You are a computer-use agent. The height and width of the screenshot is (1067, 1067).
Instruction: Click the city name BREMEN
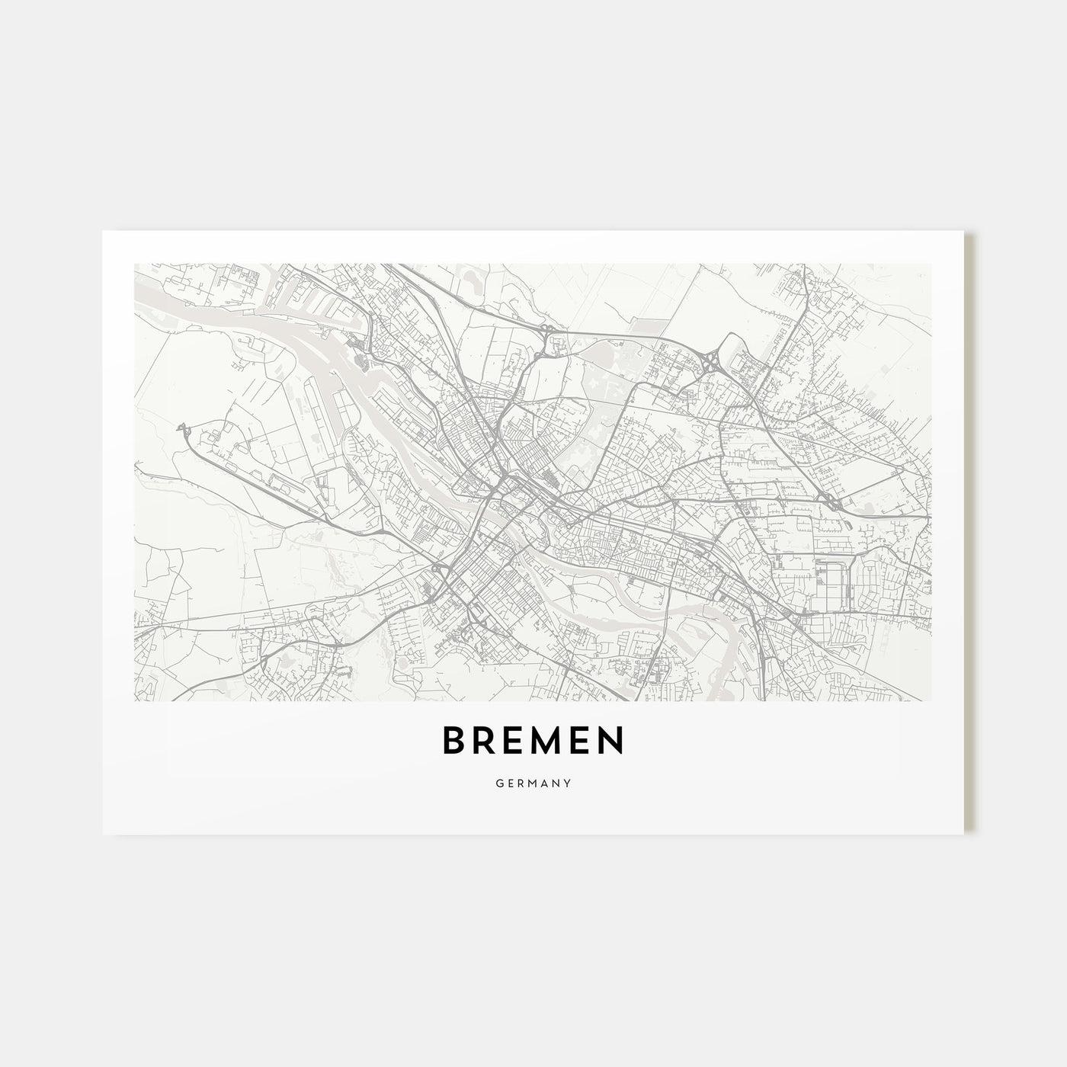pyautogui.click(x=533, y=740)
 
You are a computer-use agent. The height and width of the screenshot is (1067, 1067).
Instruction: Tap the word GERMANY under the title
pyautogui.click(x=533, y=783)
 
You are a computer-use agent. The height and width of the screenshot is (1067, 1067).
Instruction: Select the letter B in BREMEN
pyautogui.click(x=454, y=740)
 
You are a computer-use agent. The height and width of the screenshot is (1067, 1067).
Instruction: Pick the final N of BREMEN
pyautogui.click(x=611, y=740)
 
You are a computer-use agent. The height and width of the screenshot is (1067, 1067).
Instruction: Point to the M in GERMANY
pyautogui.click(x=532, y=783)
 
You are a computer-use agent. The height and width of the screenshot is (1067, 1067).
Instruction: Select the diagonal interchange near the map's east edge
pyautogui.click(x=831, y=501)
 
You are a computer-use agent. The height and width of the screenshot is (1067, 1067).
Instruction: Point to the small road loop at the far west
pyautogui.click(x=182, y=429)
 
